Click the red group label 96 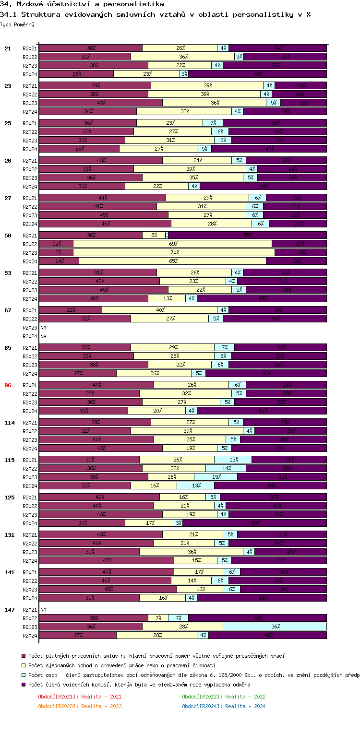click(x=8, y=385)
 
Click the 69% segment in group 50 click(x=172, y=244)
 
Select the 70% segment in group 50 click(x=174, y=252)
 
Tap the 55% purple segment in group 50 click(x=247, y=235)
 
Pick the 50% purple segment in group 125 click(x=254, y=523)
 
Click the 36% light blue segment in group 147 click(x=275, y=627)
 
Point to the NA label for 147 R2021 click(x=43, y=609)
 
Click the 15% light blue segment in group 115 click(x=216, y=477)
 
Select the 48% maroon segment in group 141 click(x=108, y=589)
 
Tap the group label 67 click(x=8, y=310)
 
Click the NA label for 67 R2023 click(x=43, y=327)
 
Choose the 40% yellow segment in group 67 click(x=159, y=310)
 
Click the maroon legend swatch click(x=24, y=655)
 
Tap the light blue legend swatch click(x=24, y=675)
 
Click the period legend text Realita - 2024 click(x=245, y=706)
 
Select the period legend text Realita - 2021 click(x=101, y=697)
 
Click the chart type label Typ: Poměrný click(x=17, y=24)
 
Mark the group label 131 click(x=9, y=534)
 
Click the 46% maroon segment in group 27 click(x=105, y=224)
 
